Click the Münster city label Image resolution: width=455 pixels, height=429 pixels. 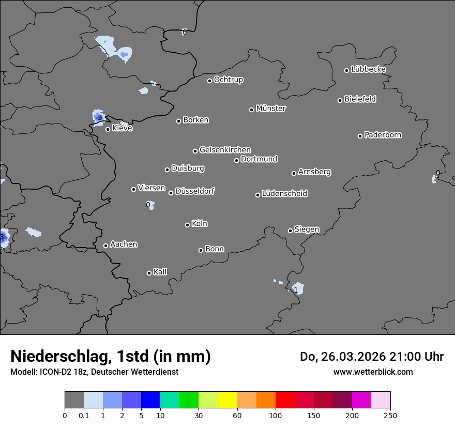(x=271, y=109)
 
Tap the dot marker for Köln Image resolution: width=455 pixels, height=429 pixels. (x=187, y=225)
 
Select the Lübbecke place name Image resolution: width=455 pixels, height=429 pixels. (x=368, y=69)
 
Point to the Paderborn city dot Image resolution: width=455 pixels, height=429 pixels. (x=360, y=136)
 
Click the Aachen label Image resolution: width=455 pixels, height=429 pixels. (x=124, y=244)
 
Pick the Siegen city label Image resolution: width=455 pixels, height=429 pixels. (x=307, y=229)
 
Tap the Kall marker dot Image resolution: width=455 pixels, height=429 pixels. (x=149, y=273)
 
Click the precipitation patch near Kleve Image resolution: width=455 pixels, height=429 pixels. (x=98, y=117)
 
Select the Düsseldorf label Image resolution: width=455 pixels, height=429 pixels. (x=195, y=191)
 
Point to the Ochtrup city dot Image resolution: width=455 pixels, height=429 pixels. (x=209, y=81)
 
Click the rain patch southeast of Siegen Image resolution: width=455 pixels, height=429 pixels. (x=297, y=288)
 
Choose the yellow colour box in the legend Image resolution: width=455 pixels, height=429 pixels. (x=228, y=400)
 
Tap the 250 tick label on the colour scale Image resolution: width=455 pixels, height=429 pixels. (x=390, y=416)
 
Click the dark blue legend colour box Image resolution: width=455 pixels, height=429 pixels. (x=150, y=400)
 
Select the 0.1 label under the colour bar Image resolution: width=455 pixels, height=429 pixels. (x=84, y=416)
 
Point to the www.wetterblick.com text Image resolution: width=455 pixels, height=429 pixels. (x=373, y=372)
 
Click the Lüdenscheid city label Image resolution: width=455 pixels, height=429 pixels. (x=284, y=194)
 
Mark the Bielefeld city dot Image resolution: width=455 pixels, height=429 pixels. (x=340, y=100)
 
